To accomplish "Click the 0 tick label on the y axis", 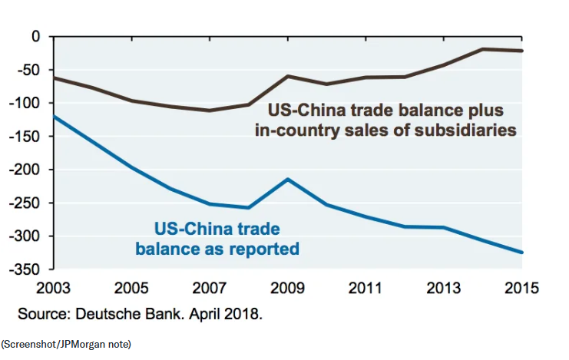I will (34, 36).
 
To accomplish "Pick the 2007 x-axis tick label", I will (210, 289).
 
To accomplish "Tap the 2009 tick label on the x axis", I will (288, 289).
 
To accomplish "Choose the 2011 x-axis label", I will (366, 289).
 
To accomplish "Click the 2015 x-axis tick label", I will (522, 289).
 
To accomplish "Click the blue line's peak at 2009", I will (288, 179).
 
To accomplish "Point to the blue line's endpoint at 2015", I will (522, 252).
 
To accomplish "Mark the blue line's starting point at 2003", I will (54, 116).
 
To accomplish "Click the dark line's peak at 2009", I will (288, 76).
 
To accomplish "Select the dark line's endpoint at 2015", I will (522, 51).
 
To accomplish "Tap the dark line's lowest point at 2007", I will (210, 111).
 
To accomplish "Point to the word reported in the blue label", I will (259, 249).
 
